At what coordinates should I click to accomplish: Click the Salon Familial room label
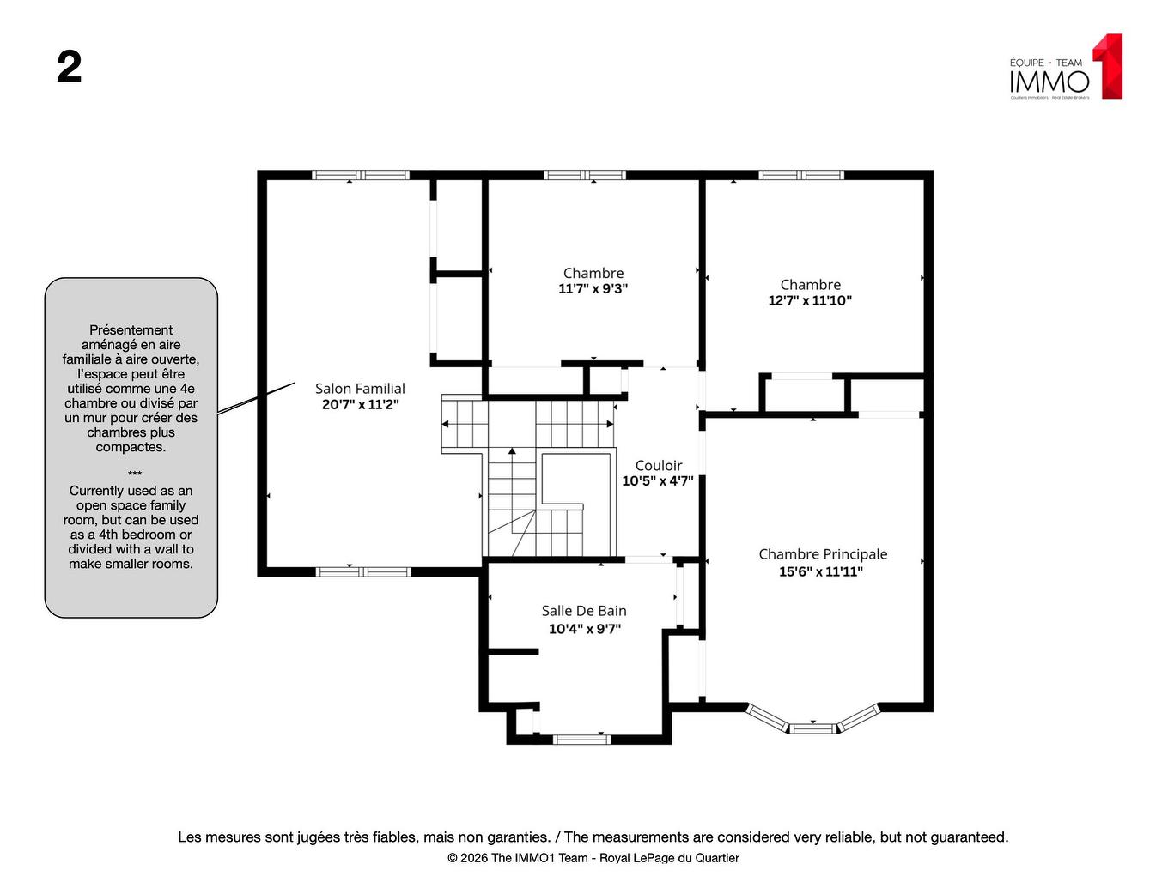point(360,389)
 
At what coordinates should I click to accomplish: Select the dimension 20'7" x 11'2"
point(360,405)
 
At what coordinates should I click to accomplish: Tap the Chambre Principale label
point(823,554)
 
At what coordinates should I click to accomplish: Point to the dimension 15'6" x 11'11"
point(820,571)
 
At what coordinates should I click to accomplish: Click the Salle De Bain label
point(584,611)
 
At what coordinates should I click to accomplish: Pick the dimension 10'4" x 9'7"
point(584,629)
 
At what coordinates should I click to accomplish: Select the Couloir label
point(659,465)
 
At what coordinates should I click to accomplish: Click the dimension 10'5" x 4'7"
point(658,481)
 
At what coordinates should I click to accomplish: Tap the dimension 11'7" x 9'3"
point(593,289)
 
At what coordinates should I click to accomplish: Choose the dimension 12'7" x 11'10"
point(810,300)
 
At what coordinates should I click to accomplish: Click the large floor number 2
point(70,67)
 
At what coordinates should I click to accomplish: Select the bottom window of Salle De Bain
point(581,739)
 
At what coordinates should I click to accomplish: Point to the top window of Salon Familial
point(361,175)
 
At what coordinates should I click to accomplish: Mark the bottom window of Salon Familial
point(363,571)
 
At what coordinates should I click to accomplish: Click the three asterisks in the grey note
point(135,474)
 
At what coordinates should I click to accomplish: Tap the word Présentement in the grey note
point(131,330)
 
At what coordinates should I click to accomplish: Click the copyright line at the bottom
point(593,858)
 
